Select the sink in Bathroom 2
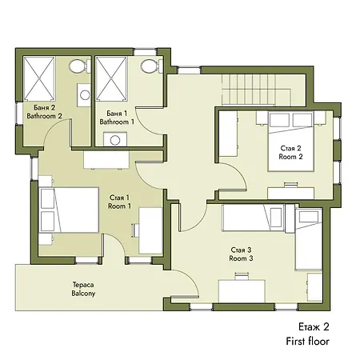pyautogui.click(x=84, y=95)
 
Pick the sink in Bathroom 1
pyautogui.click(x=114, y=139)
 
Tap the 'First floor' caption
pyautogui.click(x=307, y=342)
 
